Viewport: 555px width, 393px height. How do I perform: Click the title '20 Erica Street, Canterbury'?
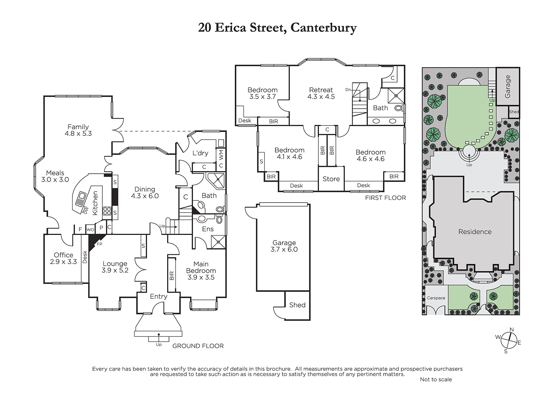[277, 28]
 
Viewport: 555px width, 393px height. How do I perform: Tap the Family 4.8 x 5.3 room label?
[78, 130]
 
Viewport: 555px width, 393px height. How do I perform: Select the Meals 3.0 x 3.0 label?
[55, 176]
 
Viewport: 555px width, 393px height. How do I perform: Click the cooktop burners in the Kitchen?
[107, 211]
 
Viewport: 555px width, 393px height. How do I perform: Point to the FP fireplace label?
[99, 244]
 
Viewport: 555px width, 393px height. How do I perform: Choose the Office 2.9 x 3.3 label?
[63, 258]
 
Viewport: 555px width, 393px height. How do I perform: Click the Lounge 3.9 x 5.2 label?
[115, 267]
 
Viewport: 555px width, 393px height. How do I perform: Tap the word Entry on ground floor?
[159, 296]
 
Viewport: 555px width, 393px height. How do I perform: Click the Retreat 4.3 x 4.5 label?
[321, 93]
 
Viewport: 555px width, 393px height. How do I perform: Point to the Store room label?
[331, 179]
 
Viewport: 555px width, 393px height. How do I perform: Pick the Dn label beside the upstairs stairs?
[348, 90]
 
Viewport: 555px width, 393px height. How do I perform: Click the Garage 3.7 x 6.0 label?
[284, 246]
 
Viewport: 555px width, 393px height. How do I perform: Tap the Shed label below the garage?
[297, 305]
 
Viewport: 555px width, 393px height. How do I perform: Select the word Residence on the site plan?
[475, 232]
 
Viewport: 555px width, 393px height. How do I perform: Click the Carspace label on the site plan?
[436, 298]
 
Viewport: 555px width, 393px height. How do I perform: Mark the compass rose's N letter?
[512, 329]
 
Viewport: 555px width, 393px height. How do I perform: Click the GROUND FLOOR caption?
[198, 346]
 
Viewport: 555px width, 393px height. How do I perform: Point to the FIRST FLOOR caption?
[385, 198]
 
